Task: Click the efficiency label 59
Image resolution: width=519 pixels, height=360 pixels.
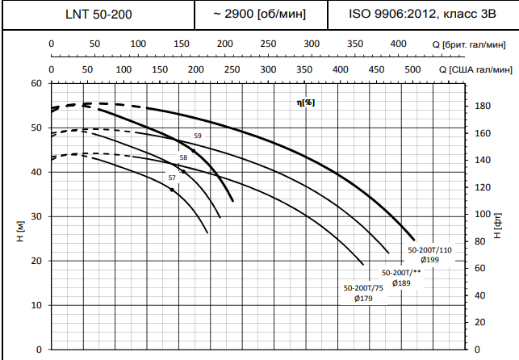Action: [x=198, y=136]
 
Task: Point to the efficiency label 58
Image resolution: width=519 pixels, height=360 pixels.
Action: [x=183, y=157]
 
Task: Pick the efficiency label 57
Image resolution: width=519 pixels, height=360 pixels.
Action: [x=171, y=177]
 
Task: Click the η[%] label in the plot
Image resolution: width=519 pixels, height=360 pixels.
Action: [x=306, y=103]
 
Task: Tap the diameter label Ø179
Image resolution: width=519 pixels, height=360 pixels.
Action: [x=363, y=299]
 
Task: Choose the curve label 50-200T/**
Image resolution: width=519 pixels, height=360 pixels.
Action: [x=401, y=273]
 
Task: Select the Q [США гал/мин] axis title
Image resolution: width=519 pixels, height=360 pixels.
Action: [x=476, y=69]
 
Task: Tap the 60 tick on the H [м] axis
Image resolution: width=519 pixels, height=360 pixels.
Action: [x=36, y=83]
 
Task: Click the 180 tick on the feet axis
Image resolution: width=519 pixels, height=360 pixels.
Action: [x=482, y=106]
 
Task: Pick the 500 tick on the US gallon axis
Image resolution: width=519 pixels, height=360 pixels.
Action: [x=412, y=69]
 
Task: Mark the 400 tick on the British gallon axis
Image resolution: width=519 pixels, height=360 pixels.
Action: [x=397, y=44]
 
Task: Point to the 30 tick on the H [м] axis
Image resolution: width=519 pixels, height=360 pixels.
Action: [x=36, y=216]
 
